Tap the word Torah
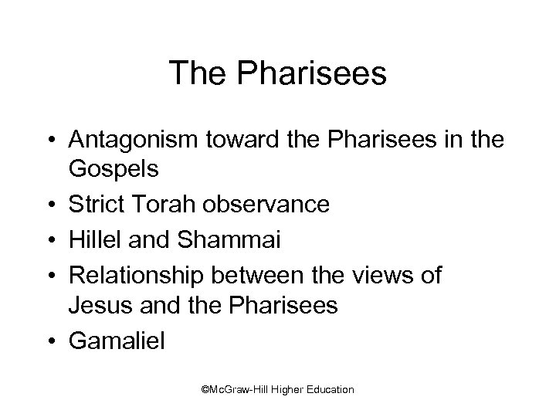tap(159, 205)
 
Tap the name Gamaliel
tap(117, 341)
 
